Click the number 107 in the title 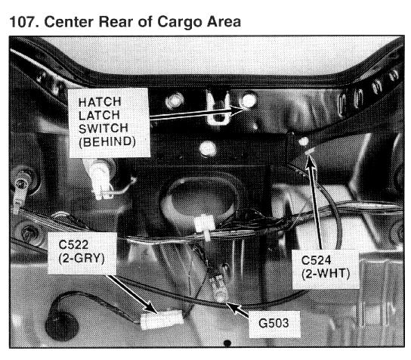(24, 22)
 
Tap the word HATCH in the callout (100, 102)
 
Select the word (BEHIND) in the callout (107, 142)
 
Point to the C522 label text (73, 245)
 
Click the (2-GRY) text (82, 259)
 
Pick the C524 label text (316, 260)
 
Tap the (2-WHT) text (326, 275)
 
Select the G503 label (273, 323)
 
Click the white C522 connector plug (161, 319)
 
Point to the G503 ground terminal (221, 288)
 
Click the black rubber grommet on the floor (62, 326)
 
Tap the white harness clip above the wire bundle (205, 226)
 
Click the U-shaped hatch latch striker (218, 109)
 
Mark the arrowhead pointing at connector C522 (150, 306)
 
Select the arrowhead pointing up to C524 (311, 159)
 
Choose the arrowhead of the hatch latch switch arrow (237, 110)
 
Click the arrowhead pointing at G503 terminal (232, 307)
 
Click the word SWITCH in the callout (104, 129)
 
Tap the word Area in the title (224, 22)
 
